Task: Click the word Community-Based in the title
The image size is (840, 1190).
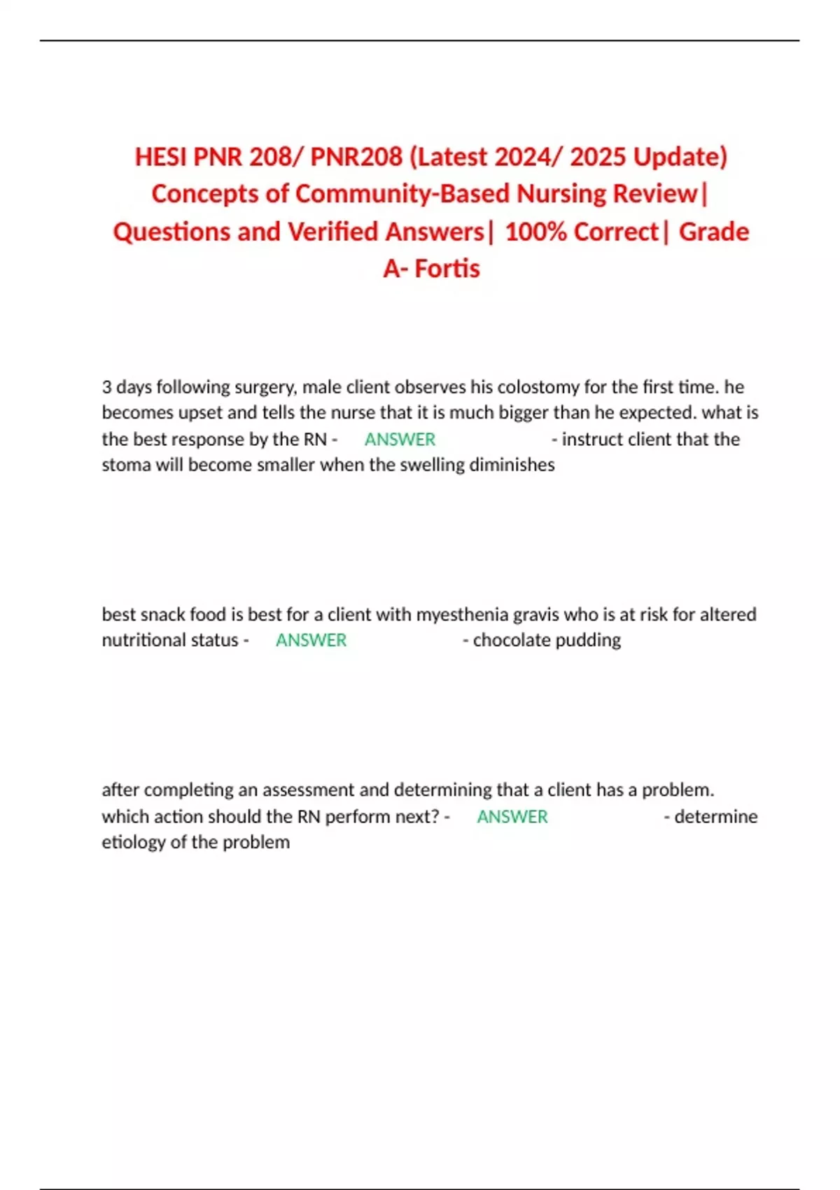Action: coord(401,194)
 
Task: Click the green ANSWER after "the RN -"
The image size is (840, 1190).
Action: coord(400,440)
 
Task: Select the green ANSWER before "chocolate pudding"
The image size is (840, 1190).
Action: coord(311,640)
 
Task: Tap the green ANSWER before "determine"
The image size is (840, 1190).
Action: coord(512,817)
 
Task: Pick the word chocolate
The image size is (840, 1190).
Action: coord(512,640)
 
